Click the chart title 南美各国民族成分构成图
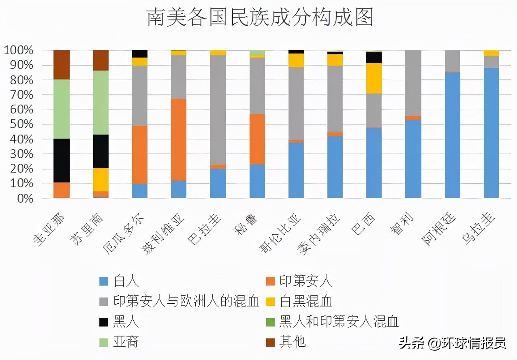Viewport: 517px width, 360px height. click(259, 18)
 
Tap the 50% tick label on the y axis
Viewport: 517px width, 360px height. click(18, 124)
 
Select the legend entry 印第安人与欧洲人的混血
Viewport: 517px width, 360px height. click(186, 301)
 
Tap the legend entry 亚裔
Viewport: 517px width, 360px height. click(126, 342)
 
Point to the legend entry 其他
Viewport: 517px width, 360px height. click(292, 342)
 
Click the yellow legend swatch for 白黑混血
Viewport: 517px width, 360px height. click(269, 301)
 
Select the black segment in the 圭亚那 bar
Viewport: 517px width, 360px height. click(62, 161)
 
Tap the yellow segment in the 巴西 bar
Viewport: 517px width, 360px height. click(374, 78)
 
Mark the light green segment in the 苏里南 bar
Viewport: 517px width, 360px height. click(101, 103)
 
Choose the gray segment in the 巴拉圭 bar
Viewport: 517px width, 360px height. click(218, 109)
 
